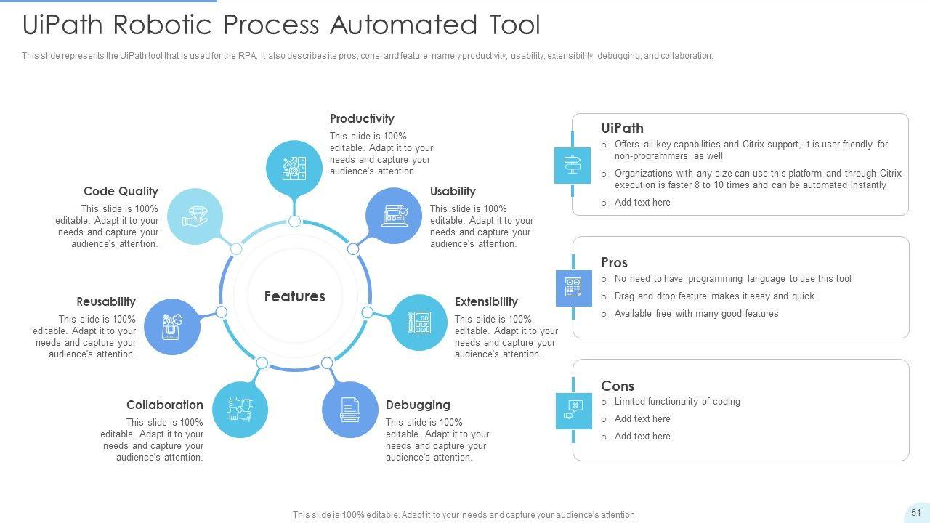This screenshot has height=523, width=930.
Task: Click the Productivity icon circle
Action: pyautogui.click(x=294, y=168)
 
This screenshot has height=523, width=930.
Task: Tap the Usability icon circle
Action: pyautogui.click(x=394, y=215)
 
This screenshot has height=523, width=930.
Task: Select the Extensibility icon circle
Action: pyautogui.click(x=418, y=323)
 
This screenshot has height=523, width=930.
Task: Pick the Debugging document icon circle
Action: pyautogui.click(x=349, y=410)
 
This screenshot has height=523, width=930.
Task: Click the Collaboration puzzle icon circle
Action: pyautogui.click(x=240, y=410)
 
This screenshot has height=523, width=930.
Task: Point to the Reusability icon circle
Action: pyautogui.click(x=171, y=327)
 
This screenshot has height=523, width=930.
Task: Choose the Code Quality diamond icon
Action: pyautogui.click(x=195, y=216)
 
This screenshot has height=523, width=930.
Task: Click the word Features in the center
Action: pyautogui.click(x=294, y=296)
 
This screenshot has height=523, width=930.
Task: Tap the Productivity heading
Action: pyautogui.click(x=362, y=118)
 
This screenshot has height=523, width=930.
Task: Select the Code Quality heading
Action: pyautogui.click(x=121, y=191)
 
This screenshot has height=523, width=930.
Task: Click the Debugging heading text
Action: pyautogui.click(x=418, y=405)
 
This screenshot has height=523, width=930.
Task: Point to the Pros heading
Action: pyautogui.click(x=614, y=262)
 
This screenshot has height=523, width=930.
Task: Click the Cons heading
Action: pyautogui.click(x=618, y=386)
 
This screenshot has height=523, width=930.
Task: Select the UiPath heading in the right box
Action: pyautogui.click(x=622, y=128)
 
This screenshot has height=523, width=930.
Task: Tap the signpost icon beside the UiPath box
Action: pyautogui.click(x=573, y=165)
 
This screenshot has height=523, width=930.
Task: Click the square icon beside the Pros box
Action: pyautogui.click(x=573, y=288)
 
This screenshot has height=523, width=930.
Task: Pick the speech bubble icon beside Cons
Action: pyautogui.click(x=573, y=410)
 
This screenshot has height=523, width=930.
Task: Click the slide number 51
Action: pyautogui.click(x=916, y=512)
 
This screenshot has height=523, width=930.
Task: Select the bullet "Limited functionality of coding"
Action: pyautogui.click(x=677, y=401)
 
